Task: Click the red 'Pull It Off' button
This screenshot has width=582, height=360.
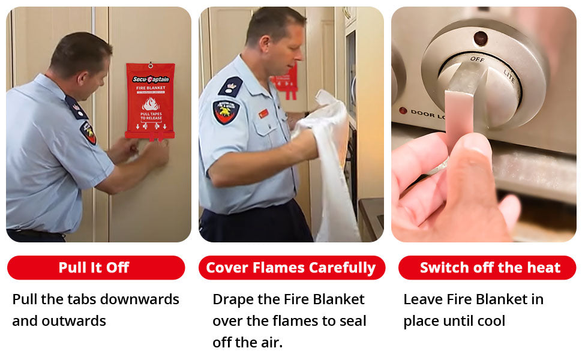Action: pos(95,268)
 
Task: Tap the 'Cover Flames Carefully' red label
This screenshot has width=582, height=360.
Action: pos(291,268)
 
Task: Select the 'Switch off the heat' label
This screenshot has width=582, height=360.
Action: pos(487,268)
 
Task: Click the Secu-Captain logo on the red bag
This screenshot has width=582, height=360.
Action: pos(151,79)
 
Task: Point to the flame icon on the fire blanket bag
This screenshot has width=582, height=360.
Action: pos(150,104)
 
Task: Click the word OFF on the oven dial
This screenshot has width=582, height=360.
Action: pos(477,59)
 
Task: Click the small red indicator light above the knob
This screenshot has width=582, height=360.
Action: pos(480,38)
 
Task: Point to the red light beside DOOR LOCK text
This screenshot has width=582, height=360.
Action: pos(403,110)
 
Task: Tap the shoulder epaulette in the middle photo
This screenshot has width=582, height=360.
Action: pos(230,86)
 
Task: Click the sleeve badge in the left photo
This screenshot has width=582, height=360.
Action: pos(88,133)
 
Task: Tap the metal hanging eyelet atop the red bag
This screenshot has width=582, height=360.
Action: pos(150,64)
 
